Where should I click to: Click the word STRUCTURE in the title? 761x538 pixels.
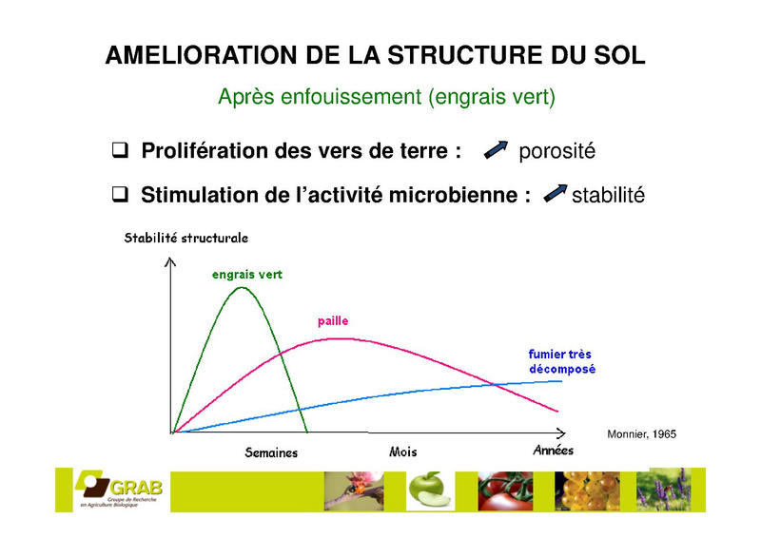click(x=466, y=55)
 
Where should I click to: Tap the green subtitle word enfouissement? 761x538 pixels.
click(x=350, y=97)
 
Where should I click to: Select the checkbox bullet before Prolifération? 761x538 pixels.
click(x=121, y=150)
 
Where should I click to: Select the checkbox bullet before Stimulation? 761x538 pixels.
click(x=121, y=194)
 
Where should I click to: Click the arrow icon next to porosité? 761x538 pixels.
click(x=496, y=150)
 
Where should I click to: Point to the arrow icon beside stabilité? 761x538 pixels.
click(x=556, y=193)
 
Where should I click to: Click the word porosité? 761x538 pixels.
click(x=556, y=151)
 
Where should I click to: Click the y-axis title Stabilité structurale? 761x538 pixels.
click(x=185, y=238)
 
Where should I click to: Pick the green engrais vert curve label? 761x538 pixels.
click(x=247, y=275)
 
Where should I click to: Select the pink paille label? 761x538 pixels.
click(x=333, y=321)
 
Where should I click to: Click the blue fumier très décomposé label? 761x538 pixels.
click(x=562, y=361)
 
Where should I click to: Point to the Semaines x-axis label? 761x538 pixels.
click(x=271, y=452)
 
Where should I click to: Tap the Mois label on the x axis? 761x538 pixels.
click(x=402, y=452)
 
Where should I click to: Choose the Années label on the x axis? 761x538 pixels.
click(x=554, y=451)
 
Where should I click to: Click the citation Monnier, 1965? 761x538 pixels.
click(x=641, y=434)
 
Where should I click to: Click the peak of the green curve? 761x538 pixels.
click(x=242, y=288)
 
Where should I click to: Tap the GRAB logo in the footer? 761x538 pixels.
click(x=118, y=489)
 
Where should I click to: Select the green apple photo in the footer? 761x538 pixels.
click(x=430, y=490)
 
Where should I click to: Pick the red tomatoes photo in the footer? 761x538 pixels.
click(x=505, y=490)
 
